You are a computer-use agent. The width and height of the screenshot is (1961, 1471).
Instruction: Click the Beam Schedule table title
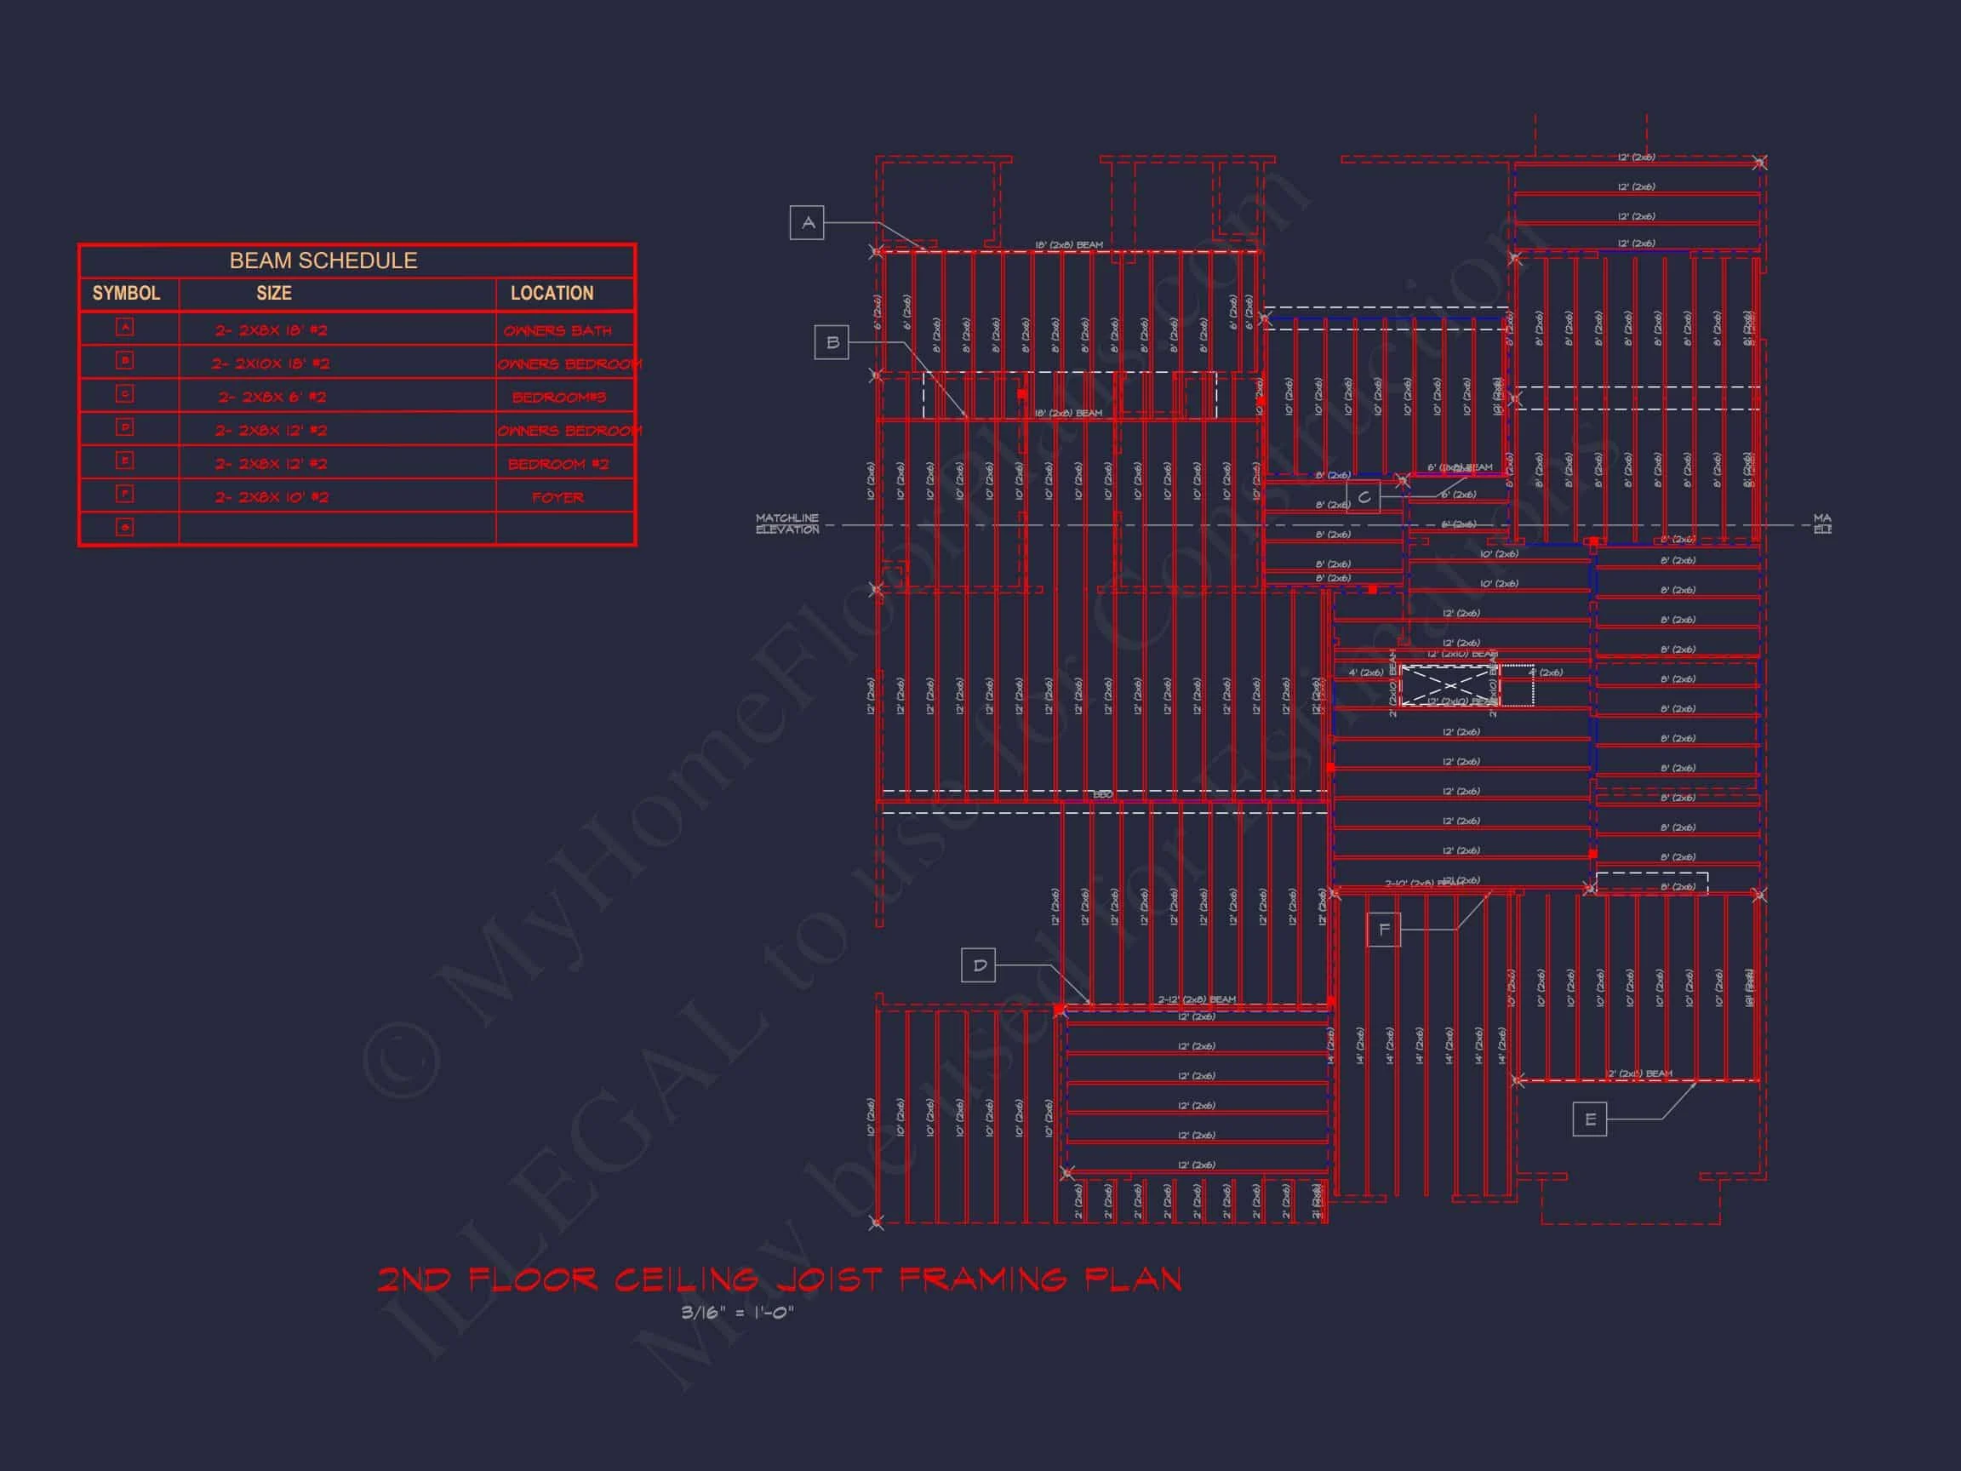coord(323,260)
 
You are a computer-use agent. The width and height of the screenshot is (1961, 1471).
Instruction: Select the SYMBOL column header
coord(126,294)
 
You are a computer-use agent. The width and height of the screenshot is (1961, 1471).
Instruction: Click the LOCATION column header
coord(552,294)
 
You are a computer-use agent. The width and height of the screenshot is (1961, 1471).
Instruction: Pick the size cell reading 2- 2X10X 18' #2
coord(271,363)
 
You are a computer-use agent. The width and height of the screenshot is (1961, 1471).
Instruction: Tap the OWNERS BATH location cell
coord(557,331)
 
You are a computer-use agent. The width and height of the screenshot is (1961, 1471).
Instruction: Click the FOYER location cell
coord(557,497)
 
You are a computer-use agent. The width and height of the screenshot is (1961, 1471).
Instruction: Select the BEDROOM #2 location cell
coord(557,464)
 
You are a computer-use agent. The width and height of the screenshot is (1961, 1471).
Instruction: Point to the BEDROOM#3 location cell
coord(558,398)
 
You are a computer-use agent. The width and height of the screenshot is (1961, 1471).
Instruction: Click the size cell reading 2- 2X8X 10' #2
coord(272,497)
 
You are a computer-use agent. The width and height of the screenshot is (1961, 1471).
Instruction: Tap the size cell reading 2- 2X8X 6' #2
coord(272,398)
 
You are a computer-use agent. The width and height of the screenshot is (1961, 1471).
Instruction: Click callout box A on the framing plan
coord(807,222)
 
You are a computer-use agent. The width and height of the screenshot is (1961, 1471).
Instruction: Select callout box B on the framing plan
coord(832,342)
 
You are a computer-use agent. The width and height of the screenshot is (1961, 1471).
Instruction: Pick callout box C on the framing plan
coord(1364,496)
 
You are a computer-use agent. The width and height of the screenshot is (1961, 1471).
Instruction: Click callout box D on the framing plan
coord(979,965)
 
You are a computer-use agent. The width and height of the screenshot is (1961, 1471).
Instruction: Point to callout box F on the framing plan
coord(1384,930)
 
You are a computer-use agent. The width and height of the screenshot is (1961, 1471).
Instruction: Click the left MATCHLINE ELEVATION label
coord(787,524)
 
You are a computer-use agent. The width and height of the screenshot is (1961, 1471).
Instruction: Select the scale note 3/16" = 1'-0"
coord(738,1313)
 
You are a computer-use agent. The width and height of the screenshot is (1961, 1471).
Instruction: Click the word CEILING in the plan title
coord(686,1279)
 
